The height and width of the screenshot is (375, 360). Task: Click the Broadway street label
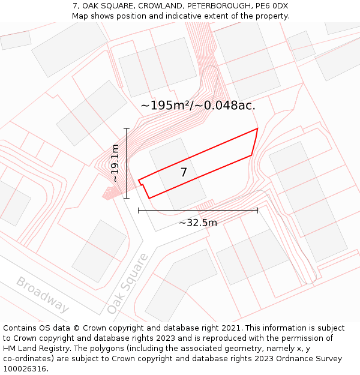(43, 295)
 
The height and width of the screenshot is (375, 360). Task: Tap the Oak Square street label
(127, 284)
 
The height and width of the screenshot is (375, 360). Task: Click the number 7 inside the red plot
(184, 173)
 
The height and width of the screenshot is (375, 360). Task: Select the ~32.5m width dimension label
(198, 223)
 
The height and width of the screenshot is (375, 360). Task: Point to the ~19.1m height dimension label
(115, 163)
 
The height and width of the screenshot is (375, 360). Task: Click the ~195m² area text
(165, 106)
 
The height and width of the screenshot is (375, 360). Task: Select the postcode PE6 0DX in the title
(271, 6)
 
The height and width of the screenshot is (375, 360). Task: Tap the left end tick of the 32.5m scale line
(139, 210)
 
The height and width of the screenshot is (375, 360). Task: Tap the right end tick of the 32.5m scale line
(257, 210)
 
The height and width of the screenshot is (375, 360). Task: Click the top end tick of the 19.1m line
(126, 128)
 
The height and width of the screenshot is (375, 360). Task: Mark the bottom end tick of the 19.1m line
(126, 198)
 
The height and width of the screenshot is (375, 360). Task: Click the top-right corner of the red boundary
(257, 128)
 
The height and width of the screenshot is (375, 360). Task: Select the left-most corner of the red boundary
(139, 180)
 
